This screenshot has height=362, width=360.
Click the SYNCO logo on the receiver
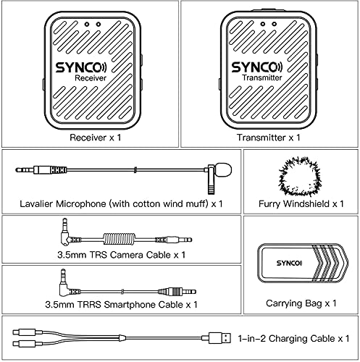[89, 67]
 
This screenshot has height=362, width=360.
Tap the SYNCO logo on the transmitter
[268, 67]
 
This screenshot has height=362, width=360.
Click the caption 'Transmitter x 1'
[269, 137]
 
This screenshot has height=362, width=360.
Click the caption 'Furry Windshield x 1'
[300, 205]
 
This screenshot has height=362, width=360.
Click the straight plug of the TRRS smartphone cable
[171, 292]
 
